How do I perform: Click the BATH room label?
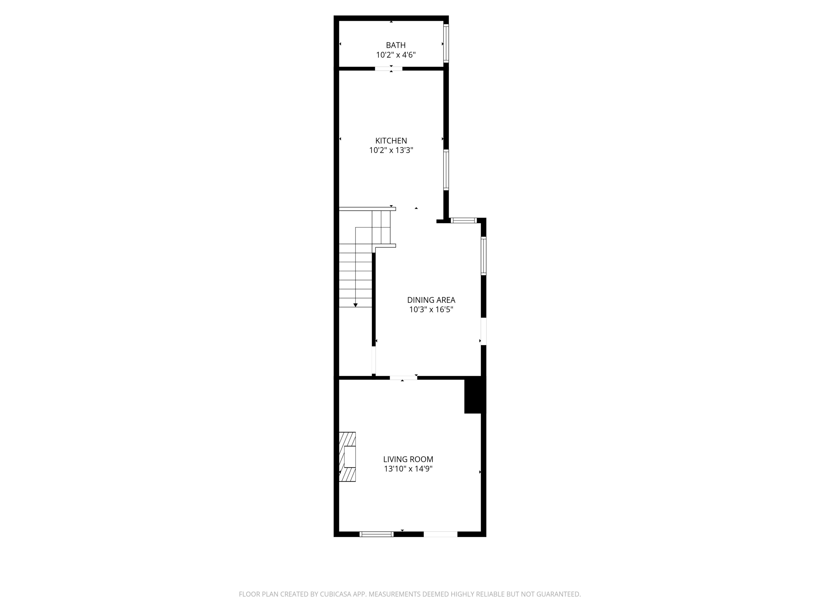[x=396, y=45]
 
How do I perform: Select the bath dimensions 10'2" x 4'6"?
[x=396, y=55]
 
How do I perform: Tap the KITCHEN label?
[x=391, y=141]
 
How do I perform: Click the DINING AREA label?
[x=431, y=300]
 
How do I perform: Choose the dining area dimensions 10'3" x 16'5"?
[x=431, y=309]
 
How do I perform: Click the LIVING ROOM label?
[x=408, y=459]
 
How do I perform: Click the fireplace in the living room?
[x=348, y=457]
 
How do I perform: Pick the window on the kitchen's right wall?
[x=446, y=170]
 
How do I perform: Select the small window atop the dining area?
[x=463, y=221]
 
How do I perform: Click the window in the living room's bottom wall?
[x=377, y=534]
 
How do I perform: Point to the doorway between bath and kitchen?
[x=388, y=69]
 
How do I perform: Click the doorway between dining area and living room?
[x=403, y=378]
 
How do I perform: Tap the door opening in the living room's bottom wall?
[x=440, y=534]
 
